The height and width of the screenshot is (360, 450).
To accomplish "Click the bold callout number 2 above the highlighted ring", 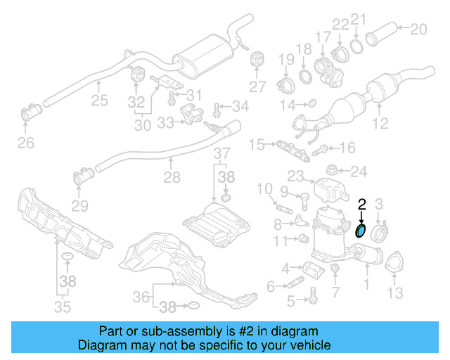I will [x=362, y=205].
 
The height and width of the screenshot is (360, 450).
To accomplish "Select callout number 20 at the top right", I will [x=418, y=30].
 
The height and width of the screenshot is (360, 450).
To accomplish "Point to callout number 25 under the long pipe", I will [x=99, y=101].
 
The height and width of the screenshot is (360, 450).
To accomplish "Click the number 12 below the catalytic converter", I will [x=380, y=125].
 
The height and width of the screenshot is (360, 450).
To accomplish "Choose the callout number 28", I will [x=172, y=179].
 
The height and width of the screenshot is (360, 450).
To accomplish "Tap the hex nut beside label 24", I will [x=334, y=171].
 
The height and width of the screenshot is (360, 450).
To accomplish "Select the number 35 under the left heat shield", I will [x=63, y=307].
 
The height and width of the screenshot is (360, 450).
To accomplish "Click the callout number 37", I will [x=221, y=153].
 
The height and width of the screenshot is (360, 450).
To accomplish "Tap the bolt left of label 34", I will [x=217, y=108].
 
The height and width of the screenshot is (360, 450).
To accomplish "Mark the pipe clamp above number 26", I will [x=32, y=112].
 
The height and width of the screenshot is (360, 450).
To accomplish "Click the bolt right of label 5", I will [x=309, y=302].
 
